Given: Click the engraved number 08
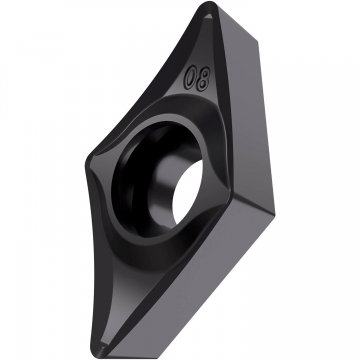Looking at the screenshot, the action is [x=198, y=78].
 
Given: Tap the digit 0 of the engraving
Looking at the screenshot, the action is [x=191, y=76].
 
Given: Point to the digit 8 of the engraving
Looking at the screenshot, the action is [x=203, y=80].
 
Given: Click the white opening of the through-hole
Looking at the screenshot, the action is [x=187, y=192].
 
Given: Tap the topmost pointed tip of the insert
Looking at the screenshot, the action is [x=209, y=3].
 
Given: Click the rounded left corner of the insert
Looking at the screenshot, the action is [x=87, y=162].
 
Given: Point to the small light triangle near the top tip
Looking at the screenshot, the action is [x=208, y=15].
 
